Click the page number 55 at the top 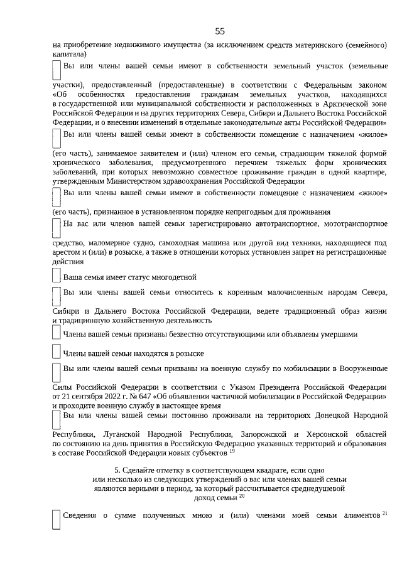(219, 31)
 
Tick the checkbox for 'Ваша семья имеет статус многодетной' (57, 276)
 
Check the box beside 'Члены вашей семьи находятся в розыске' (57, 353)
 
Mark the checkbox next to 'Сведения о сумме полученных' (57, 520)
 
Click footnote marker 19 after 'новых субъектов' (232, 451)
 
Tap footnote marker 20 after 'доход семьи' (242, 496)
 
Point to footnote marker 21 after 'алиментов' (385, 514)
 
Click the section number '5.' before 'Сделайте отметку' (117, 470)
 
